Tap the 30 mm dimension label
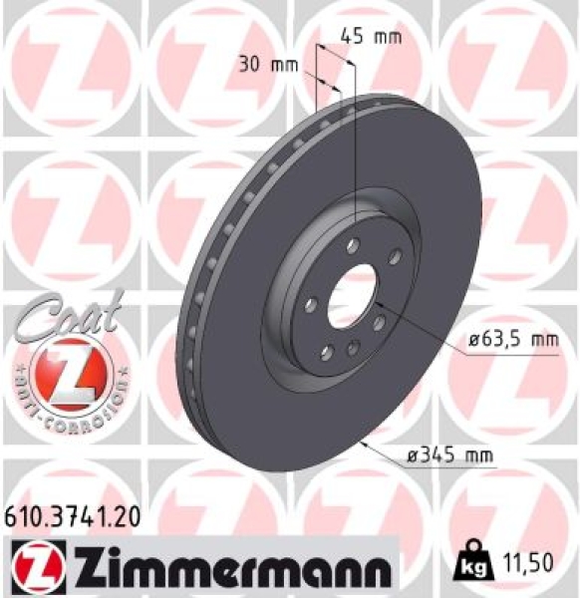tap(269, 66)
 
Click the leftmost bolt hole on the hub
tap(310, 303)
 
